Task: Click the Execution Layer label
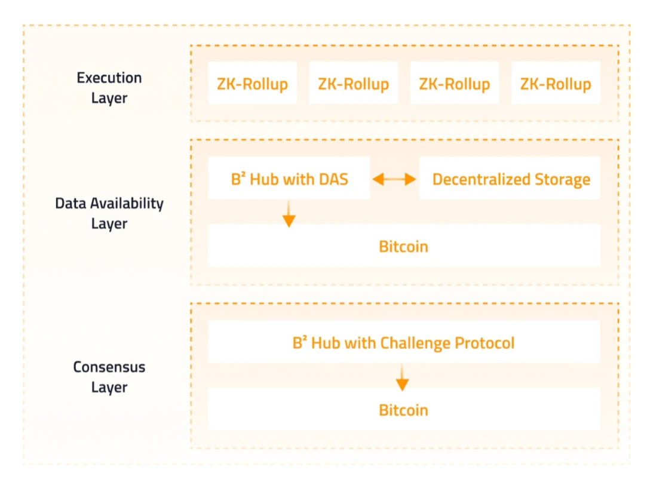click(109, 87)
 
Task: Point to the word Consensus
click(109, 367)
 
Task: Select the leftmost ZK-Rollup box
click(252, 84)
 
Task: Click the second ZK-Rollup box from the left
click(353, 84)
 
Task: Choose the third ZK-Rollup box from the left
click(454, 84)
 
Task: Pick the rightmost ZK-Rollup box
click(555, 84)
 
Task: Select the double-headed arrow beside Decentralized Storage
click(394, 179)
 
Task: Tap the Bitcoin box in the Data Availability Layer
click(403, 246)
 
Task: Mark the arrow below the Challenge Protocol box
click(403, 377)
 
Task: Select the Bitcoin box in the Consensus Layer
click(403, 410)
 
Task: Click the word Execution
click(109, 78)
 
